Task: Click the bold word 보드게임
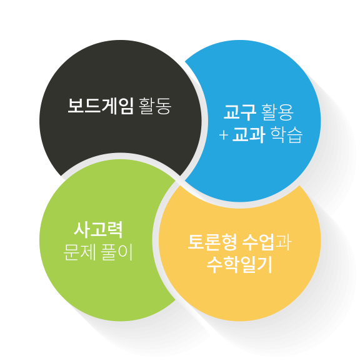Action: (x=101, y=106)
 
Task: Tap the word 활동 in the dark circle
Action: (x=155, y=106)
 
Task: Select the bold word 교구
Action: (x=240, y=112)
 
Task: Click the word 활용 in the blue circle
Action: (x=277, y=112)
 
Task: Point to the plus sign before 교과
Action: (x=223, y=135)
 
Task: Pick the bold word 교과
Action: (x=249, y=135)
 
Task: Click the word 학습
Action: (x=286, y=135)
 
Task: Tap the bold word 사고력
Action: (x=98, y=230)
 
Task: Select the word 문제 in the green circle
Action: (x=79, y=252)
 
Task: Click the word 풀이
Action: (x=117, y=252)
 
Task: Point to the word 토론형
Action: (x=212, y=242)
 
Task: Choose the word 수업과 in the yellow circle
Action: (x=267, y=242)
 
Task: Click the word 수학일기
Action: (x=239, y=265)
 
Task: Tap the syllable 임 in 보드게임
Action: (x=126, y=106)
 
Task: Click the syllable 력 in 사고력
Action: (x=115, y=230)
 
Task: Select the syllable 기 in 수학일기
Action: (x=265, y=265)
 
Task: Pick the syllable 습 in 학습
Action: (x=295, y=135)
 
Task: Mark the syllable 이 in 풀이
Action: (x=126, y=252)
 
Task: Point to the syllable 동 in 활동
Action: (x=164, y=106)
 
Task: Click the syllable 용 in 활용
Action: (x=286, y=112)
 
